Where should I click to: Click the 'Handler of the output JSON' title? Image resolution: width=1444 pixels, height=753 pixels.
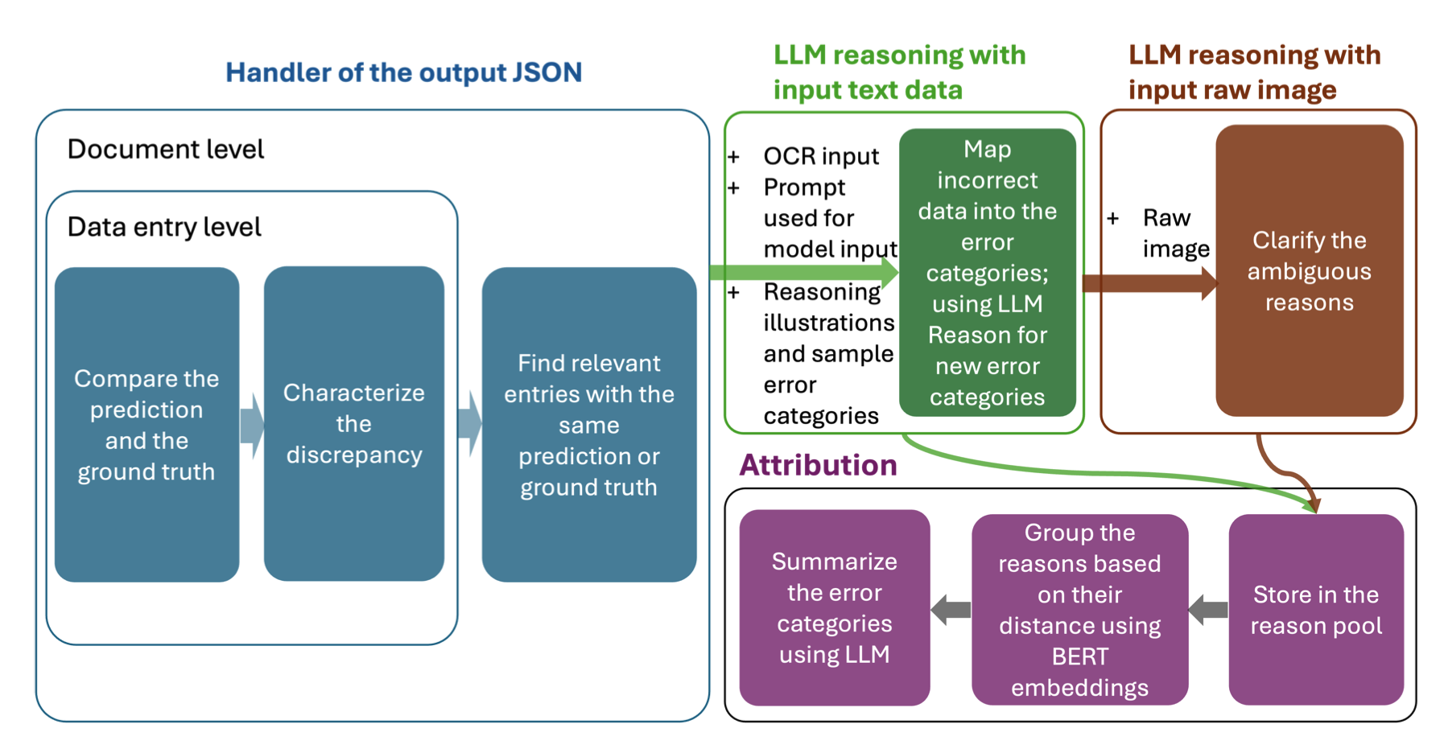point(403,72)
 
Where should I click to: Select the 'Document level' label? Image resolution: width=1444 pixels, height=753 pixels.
point(165,150)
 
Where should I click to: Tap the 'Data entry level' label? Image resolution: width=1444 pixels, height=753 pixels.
point(164,228)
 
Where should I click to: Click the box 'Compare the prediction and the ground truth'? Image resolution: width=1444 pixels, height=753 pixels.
point(146,425)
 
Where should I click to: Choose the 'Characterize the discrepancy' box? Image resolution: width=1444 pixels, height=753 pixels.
point(353,423)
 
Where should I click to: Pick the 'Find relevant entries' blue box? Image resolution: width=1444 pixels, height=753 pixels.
point(588,425)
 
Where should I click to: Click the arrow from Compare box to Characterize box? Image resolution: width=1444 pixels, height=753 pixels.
point(252,426)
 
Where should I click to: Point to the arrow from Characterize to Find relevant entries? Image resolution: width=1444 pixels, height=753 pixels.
point(470,425)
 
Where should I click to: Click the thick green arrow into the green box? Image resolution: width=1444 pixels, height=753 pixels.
point(805,272)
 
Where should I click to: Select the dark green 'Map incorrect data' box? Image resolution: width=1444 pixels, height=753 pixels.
point(987,273)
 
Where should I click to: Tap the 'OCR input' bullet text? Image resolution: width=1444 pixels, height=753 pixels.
point(820,156)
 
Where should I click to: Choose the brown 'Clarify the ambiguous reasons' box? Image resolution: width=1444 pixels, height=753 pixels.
point(1309,271)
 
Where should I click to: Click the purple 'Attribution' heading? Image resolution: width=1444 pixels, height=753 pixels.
point(818,466)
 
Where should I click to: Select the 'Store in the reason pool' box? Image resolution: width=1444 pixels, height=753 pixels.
point(1315,610)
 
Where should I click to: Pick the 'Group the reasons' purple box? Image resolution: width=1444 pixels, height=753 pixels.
point(1079,610)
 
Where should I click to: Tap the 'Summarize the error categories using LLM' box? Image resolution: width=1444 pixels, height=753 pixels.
point(834,608)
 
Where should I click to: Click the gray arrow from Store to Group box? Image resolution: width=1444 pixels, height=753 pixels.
point(1207,610)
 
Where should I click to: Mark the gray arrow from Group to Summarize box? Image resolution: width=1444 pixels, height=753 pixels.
point(951,610)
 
